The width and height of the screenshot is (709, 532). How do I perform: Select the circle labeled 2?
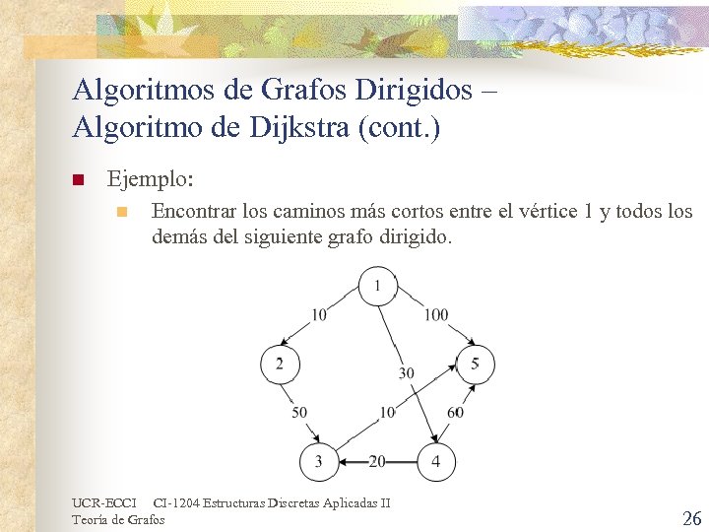(280, 365)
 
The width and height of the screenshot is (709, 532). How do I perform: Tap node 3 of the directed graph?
(318, 460)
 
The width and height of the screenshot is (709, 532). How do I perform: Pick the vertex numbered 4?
(436, 460)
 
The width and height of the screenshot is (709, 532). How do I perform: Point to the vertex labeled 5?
(475, 365)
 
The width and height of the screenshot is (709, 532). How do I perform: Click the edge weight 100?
(436, 315)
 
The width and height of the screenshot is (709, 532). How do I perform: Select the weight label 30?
(406, 373)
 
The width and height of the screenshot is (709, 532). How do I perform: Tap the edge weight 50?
(299, 412)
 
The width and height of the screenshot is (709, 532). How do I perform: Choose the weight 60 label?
(455, 412)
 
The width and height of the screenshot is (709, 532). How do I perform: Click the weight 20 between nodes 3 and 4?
(377, 460)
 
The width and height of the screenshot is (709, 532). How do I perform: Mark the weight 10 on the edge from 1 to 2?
(319, 315)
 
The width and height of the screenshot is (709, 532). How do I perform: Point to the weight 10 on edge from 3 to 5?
(387, 412)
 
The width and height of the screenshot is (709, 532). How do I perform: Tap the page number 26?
(691, 518)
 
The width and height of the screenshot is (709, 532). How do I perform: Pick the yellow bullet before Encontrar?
(120, 213)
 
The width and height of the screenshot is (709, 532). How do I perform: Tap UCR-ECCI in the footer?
(104, 503)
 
